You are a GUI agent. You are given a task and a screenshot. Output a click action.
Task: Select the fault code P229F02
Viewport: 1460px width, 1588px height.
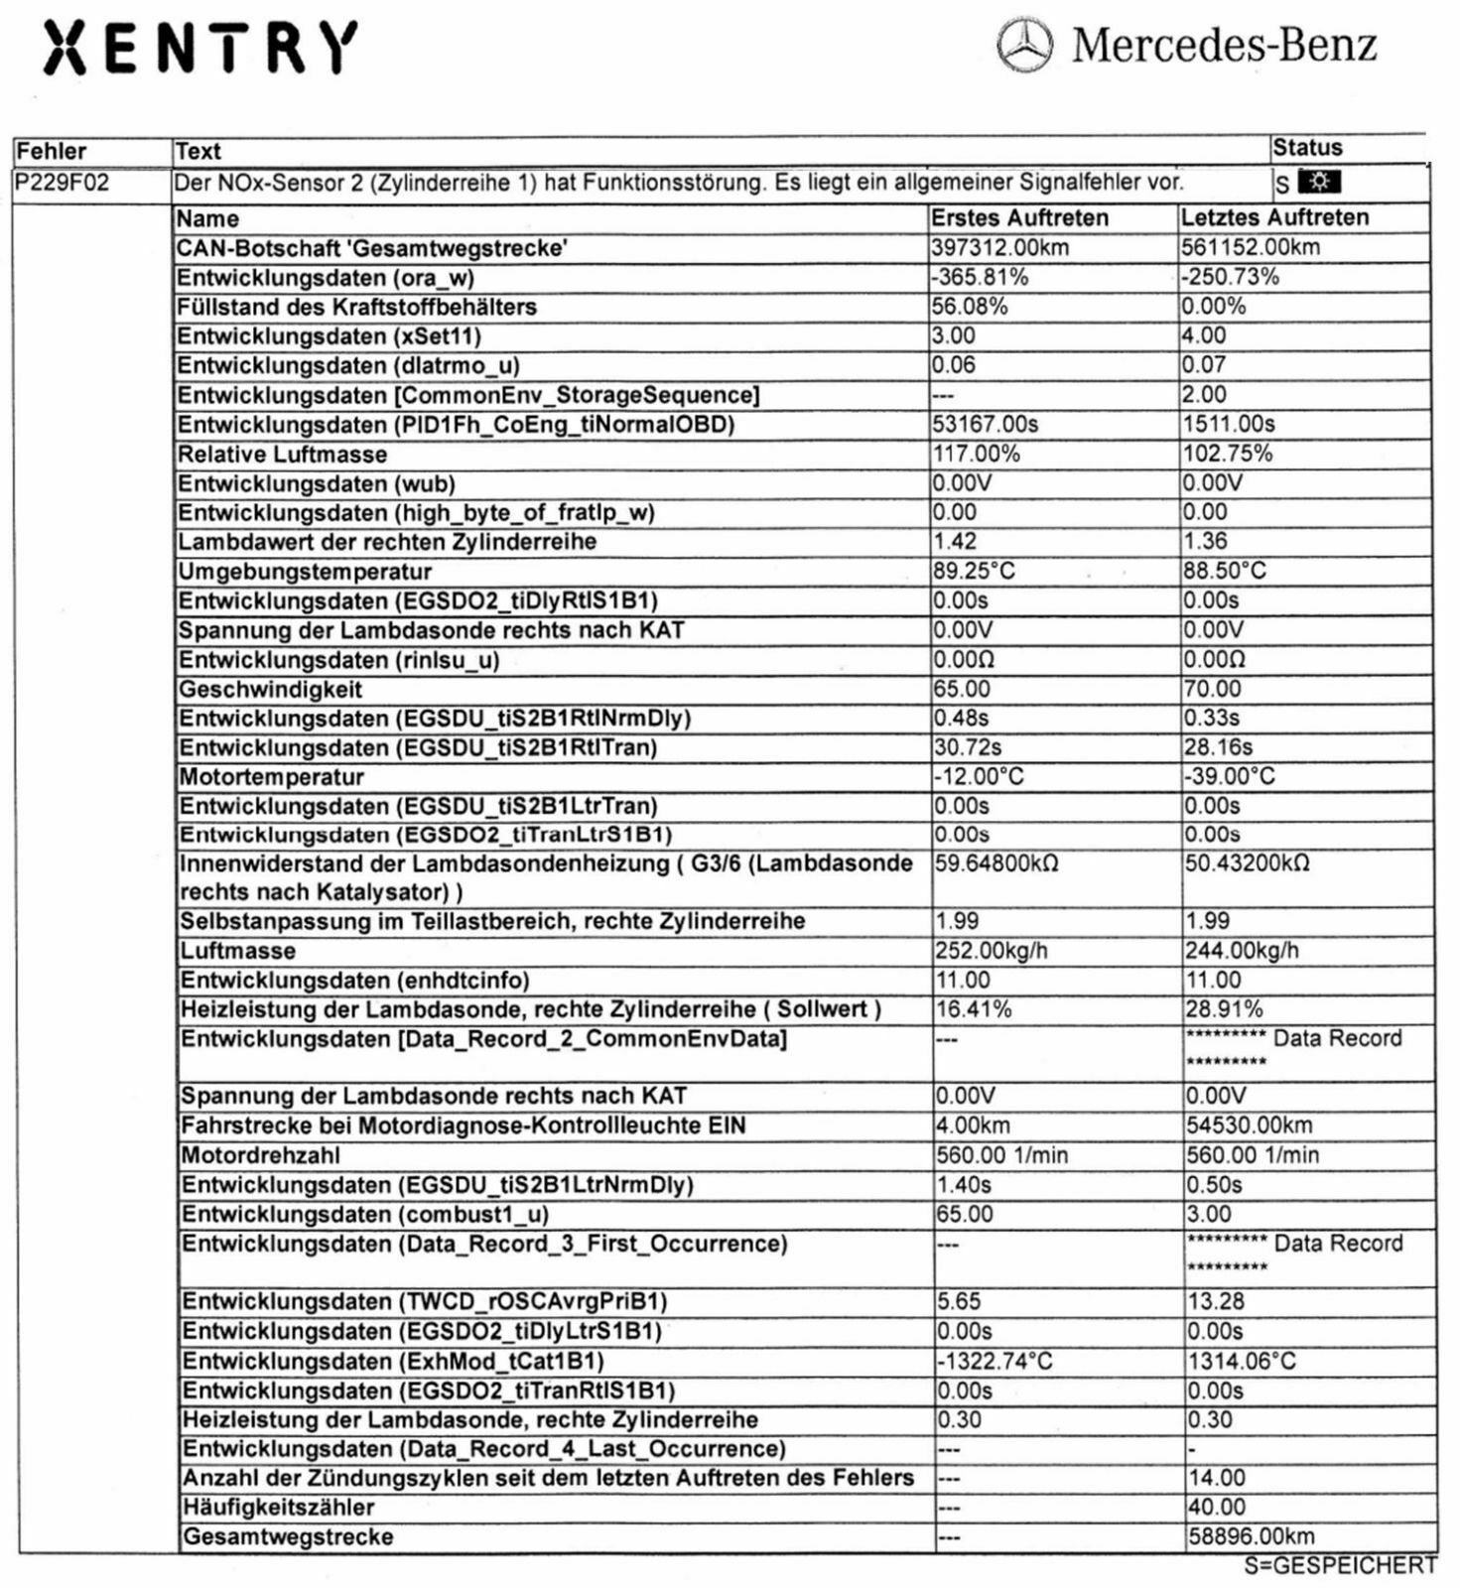[x=62, y=184]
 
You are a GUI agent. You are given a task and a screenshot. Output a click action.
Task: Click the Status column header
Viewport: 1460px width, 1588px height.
[x=1307, y=149]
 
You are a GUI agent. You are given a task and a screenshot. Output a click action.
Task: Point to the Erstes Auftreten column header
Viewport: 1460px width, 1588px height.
[x=1019, y=218]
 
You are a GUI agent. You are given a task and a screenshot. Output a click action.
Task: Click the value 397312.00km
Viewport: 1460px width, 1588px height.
[x=999, y=247]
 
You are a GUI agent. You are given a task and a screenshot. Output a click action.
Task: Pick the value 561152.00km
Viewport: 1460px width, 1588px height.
[x=1250, y=247]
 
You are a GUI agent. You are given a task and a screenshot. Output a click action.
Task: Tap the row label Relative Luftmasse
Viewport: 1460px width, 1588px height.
[x=282, y=455]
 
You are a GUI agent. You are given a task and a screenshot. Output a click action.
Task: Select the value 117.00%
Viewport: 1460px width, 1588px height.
[x=976, y=454]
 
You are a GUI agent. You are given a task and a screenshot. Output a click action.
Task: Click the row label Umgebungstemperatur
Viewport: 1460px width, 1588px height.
[x=305, y=572]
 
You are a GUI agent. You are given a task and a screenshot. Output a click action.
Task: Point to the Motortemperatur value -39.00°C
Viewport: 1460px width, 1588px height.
[x=1230, y=776]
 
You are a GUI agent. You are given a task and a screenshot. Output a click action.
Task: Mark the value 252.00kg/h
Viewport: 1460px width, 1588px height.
[x=991, y=951]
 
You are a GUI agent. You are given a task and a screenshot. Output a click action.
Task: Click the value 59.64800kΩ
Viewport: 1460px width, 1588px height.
[x=996, y=863]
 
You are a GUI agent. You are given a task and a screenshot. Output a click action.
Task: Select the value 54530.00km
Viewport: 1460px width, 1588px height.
[x=1249, y=1125]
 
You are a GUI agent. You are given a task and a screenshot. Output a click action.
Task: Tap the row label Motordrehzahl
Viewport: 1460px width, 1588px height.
[x=260, y=1155]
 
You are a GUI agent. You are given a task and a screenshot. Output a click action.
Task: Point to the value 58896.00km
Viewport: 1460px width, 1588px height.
[x=1251, y=1536]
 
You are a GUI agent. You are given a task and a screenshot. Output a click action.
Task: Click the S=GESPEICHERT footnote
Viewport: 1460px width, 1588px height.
[x=1340, y=1565]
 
